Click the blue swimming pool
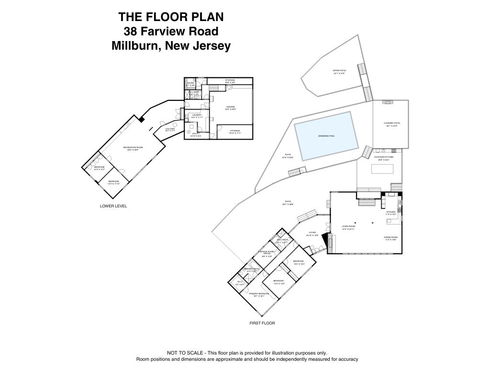[x=327, y=136]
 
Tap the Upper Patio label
[x=339, y=71]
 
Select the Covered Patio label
[x=391, y=123]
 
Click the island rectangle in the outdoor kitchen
[x=382, y=169]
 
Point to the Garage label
[x=230, y=107]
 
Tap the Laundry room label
[x=196, y=115]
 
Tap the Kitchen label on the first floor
[x=391, y=212]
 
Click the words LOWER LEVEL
[x=113, y=206]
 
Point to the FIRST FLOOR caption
[x=262, y=323]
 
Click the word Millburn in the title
[x=133, y=46]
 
